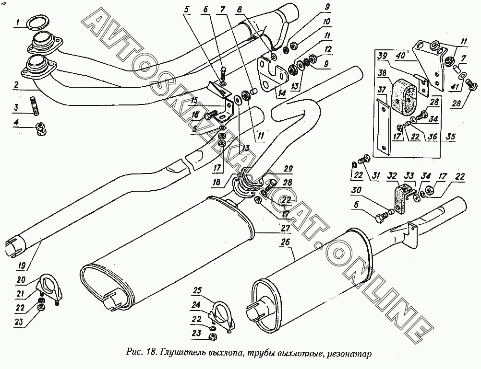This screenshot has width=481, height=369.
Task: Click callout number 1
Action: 17,22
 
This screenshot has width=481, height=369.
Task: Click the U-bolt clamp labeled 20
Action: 49,286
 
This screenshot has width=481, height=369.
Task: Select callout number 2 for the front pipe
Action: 17,85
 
